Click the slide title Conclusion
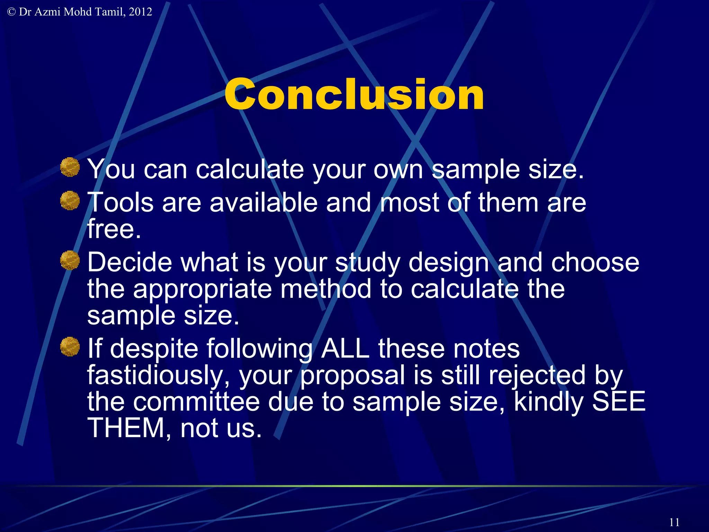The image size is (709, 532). [354, 94]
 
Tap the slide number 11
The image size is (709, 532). [674, 522]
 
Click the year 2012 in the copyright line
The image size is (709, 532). [140, 12]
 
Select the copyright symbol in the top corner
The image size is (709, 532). [11, 12]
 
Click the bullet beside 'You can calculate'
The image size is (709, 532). [70, 167]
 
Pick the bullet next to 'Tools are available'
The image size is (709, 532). [70, 201]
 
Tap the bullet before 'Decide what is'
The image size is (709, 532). [70, 260]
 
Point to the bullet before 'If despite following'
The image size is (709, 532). [70, 346]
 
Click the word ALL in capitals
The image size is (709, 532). [345, 348]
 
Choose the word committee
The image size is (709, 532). [196, 402]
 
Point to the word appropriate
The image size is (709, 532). [203, 289]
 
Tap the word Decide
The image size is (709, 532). [129, 262]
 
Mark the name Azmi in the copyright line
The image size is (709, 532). [47, 12]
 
